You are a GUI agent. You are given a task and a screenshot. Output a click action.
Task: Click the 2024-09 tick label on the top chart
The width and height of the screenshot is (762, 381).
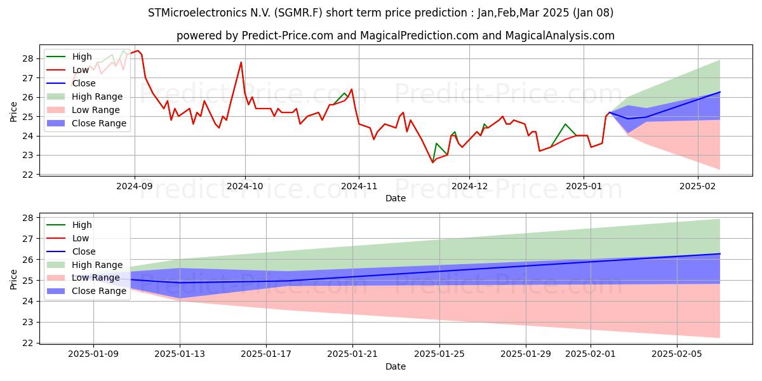pyautogui.click(x=135, y=186)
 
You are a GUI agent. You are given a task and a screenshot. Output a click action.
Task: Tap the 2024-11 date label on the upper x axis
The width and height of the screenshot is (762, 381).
pyautogui.click(x=359, y=186)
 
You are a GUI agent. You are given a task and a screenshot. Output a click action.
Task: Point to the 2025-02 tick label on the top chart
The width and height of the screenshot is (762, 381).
pyautogui.click(x=698, y=186)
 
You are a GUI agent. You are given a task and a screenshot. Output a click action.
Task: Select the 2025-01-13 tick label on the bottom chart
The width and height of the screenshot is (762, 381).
pyautogui.click(x=180, y=354)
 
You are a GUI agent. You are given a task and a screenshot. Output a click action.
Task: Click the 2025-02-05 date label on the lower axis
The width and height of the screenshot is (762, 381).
pyautogui.click(x=677, y=354)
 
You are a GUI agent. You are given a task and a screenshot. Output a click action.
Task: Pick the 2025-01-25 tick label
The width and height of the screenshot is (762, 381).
pyautogui.click(x=439, y=354)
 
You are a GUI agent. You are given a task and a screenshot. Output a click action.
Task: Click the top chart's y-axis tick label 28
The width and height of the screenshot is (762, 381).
pyautogui.click(x=28, y=59)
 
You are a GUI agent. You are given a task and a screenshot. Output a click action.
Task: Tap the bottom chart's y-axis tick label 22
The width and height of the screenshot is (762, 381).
pyautogui.click(x=28, y=344)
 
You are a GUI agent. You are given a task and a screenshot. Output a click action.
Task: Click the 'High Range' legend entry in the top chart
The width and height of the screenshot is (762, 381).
pyautogui.click(x=84, y=97)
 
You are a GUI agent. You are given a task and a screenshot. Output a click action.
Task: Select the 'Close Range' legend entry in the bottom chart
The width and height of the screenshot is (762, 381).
pyautogui.click(x=86, y=291)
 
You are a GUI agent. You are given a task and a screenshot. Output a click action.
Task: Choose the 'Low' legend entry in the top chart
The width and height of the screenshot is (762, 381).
pyautogui.click(x=67, y=70)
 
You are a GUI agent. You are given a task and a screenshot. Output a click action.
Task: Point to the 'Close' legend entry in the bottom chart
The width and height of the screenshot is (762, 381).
pyautogui.click(x=70, y=251)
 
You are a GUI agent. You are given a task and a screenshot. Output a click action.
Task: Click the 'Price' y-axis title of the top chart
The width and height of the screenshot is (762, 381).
pyautogui.click(x=13, y=112)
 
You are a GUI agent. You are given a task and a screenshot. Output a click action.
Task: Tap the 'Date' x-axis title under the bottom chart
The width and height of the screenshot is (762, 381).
pyautogui.click(x=395, y=366)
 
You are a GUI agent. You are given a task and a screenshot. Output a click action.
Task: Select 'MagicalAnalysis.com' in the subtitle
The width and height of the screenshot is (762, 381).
pyautogui.click(x=560, y=36)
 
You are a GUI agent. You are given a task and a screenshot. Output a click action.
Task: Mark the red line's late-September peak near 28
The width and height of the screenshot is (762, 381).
pyautogui.click(x=241, y=62)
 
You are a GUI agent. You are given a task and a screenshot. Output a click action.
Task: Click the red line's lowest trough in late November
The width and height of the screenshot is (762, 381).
pyautogui.click(x=432, y=163)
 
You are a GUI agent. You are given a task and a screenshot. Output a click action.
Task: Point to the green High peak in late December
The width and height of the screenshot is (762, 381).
pyautogui.click(x=565, y=124)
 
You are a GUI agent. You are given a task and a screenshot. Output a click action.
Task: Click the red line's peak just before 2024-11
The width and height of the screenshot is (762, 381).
pyautogui.click(x=352, y=89)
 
